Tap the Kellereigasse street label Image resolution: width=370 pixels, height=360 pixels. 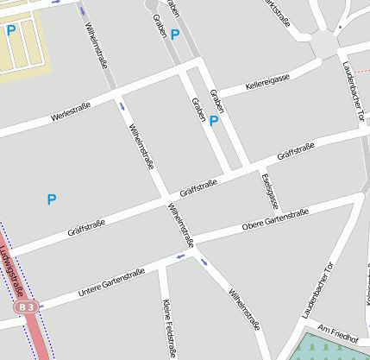(x=267, y=82)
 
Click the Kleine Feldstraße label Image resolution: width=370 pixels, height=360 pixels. (x=168, y=328)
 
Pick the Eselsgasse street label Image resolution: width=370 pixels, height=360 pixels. (x=269, y=192)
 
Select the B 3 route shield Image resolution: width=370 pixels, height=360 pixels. (x=27, y=306)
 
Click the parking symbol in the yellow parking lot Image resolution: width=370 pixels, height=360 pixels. (x=11, y=30)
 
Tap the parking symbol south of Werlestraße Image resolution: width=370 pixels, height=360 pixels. (x=51, y=199)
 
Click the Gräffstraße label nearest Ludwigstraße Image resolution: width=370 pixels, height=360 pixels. (x=86, y=229)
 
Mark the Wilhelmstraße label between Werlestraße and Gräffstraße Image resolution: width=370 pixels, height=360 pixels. (x=140, y=148)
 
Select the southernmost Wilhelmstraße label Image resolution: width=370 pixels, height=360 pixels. (x=243, y=310)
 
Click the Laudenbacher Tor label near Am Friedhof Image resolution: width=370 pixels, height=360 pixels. (x=317, y=288)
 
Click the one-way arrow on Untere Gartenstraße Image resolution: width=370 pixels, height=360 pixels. (x=181, y=256)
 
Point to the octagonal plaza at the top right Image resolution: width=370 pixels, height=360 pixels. (x=325, y=42)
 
